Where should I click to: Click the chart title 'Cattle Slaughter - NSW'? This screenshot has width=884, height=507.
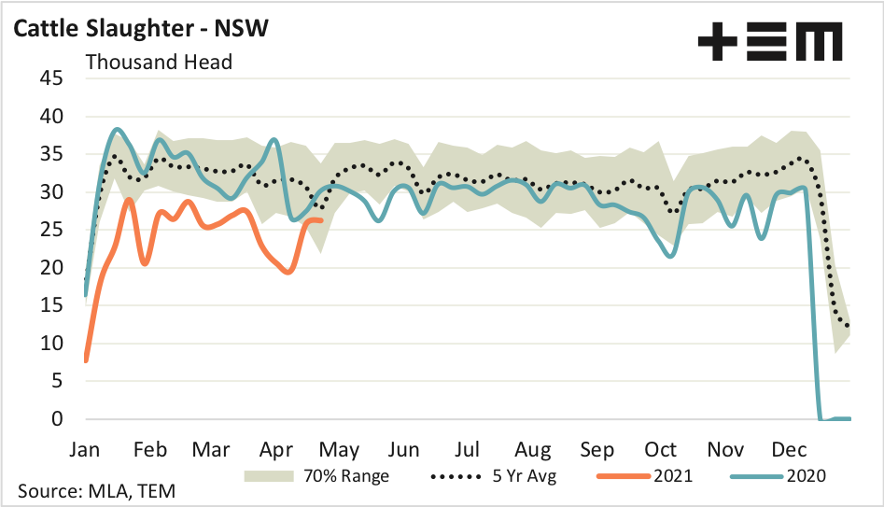(141, 28)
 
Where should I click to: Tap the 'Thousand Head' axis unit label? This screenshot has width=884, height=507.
(159, 63)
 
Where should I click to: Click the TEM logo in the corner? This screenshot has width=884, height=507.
(770, 43)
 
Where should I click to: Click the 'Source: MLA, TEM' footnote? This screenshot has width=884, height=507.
(96, 491)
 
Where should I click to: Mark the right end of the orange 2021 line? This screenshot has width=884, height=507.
(322, 220)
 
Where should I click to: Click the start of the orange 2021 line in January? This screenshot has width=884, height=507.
(86, 360)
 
